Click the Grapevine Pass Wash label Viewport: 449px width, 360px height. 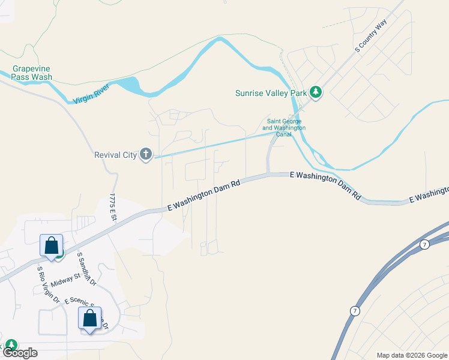pos(32,73)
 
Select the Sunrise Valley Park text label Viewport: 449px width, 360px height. pos(271,93)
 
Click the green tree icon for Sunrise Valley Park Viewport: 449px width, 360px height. pos(316,92)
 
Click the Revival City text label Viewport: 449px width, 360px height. pos(116,155)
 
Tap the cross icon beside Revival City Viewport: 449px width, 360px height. pos(145,155)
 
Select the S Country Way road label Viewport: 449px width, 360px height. pos(371,35)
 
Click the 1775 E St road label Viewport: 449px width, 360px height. pos(112,207)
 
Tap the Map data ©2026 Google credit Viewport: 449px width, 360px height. pos(412,355)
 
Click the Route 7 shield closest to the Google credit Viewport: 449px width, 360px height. pos(354,310)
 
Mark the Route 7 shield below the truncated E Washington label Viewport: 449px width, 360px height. pos(424,244)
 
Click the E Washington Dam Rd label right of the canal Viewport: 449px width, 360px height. pos(325,184)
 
